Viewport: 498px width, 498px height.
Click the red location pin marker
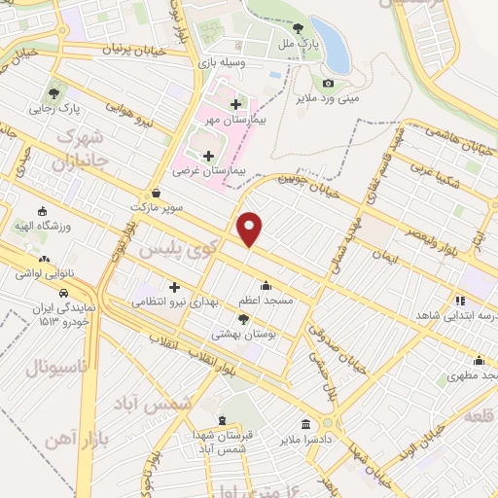(x=250, y=229)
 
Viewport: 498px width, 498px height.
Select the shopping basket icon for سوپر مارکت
(x=157, y=193)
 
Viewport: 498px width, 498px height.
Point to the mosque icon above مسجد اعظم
(x=267, y=285)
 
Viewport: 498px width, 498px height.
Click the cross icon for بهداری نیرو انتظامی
(x=175, y=287)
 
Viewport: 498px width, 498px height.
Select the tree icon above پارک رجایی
(x=54, y=94)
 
